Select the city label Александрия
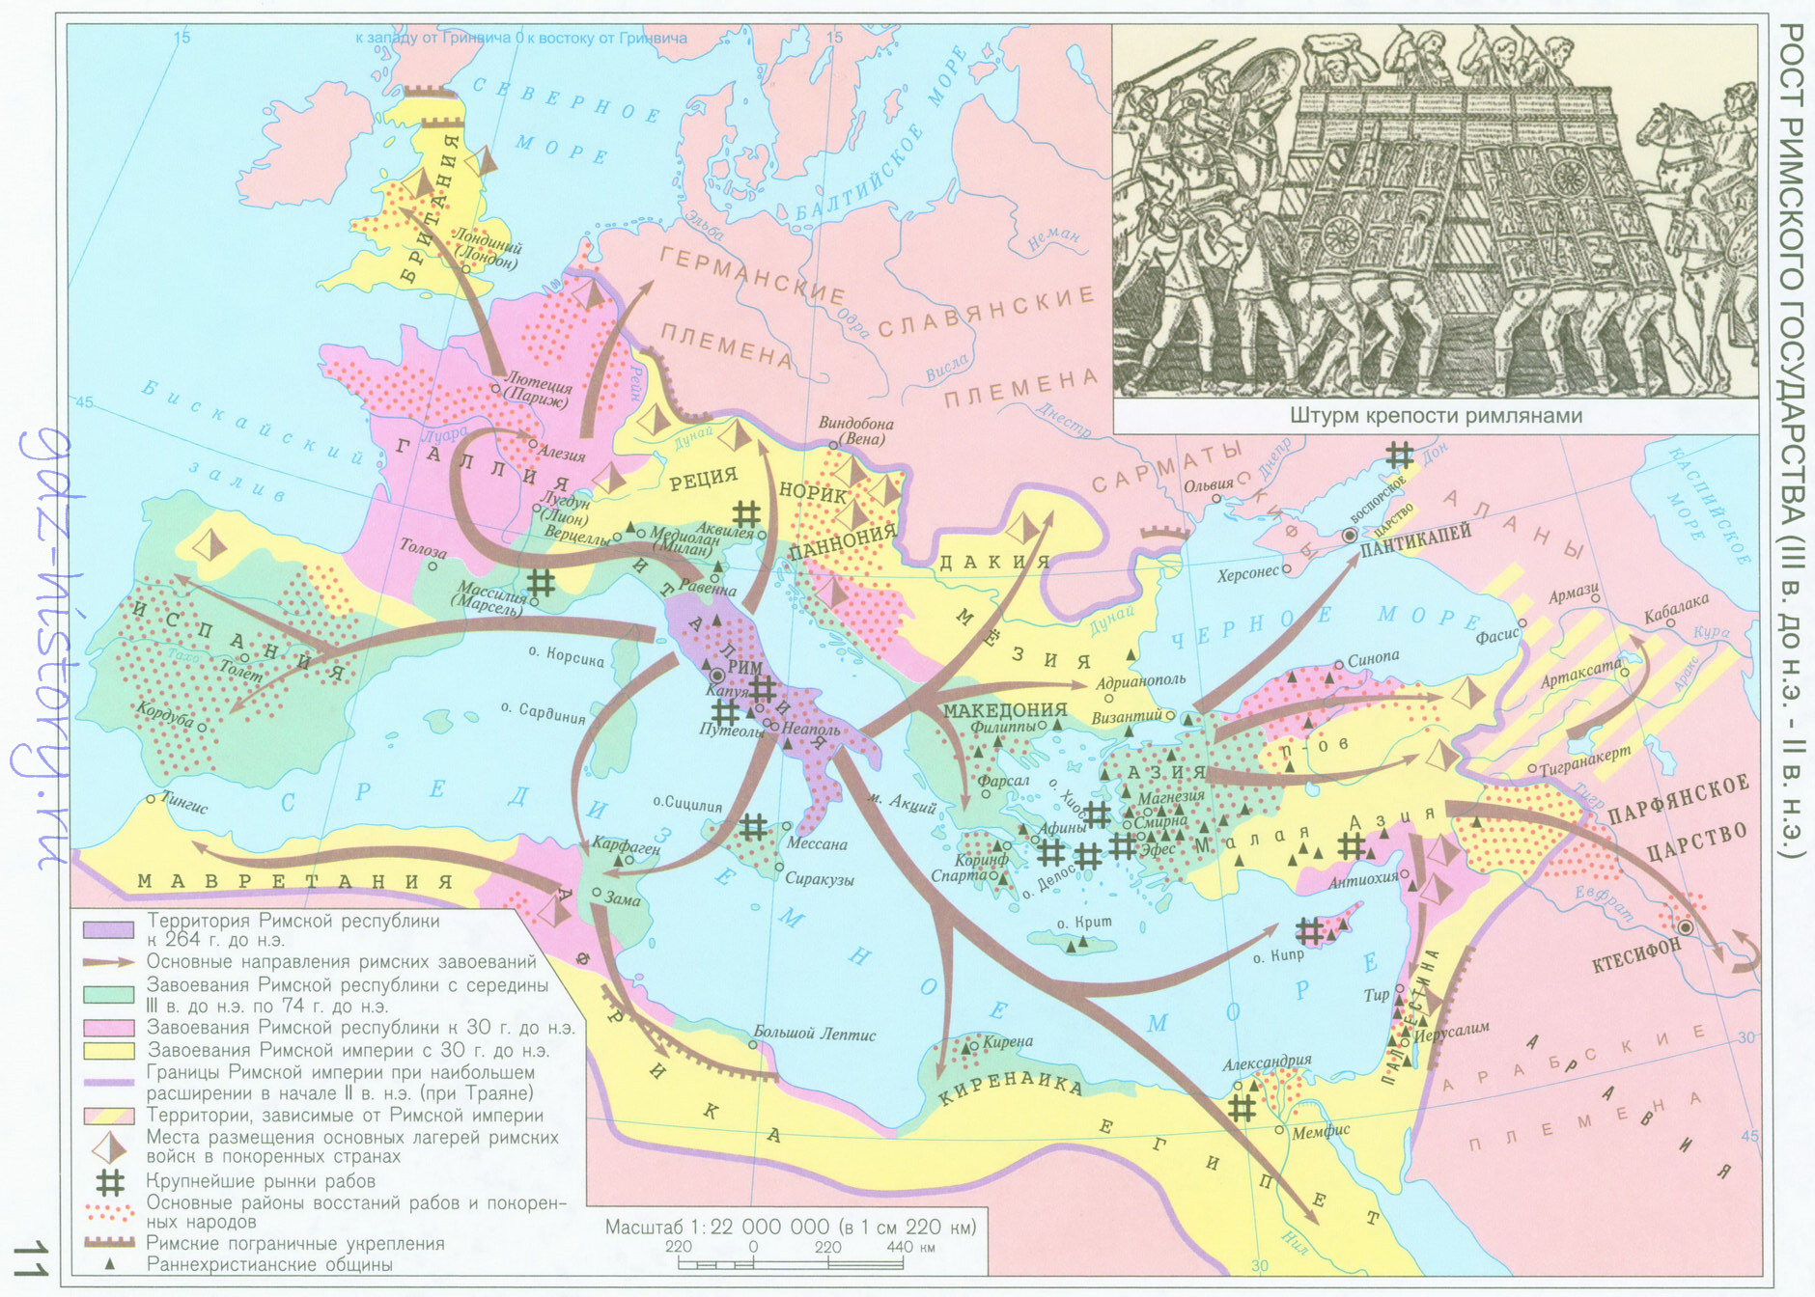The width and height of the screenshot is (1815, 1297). pyautogui.click(x=1267, y=1062)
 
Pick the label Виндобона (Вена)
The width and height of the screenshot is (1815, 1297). pyautogui.click(x=855, y=430)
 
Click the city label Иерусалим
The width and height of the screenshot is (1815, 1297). pyautogui.click(x=1451, y=1031)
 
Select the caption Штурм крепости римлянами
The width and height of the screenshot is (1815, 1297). pyautogui.click(x=1436, y=416)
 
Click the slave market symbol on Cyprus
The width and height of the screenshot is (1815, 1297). pyautogui.click(x=1308, y=931)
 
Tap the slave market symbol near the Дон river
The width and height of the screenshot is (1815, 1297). pyautogui.click(x=1399, y=455)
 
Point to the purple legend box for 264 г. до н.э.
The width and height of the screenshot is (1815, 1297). pyautogui.click(x=108, y=929)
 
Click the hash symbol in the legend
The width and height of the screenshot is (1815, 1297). pyautogui.click(x=111, y=1181)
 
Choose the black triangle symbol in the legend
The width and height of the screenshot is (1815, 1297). pyautogui.click(x=110, y=1264)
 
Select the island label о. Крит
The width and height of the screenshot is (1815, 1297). pyautogui.click(x=1084, y=923)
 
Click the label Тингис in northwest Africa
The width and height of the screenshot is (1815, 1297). pyautogui.click(x=184, y=807)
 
